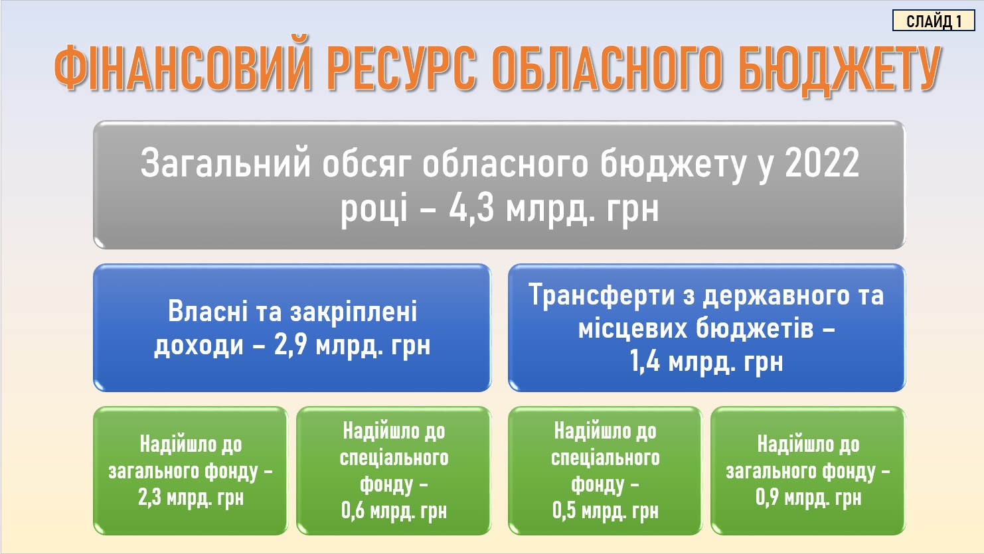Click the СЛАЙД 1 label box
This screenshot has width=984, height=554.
click(934, 21)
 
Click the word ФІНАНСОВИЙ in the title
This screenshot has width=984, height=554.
click(183, 68)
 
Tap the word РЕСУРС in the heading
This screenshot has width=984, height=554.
click(402, 68)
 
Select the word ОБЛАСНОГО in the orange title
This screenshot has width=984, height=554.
click(607, 68)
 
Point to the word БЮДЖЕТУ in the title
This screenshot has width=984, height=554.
click(840, 71)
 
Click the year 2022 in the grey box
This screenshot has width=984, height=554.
click(822, 163)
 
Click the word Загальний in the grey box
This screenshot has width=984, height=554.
click(225, 163)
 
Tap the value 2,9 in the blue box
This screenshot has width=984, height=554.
click(290, 345)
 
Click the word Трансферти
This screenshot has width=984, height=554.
click(602, 295)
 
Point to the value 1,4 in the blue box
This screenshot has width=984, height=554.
click(645, 362)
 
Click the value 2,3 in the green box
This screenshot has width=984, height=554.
click(149, 498)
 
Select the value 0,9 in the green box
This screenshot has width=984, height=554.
click(767, 498)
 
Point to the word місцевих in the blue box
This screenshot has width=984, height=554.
click(633, 329)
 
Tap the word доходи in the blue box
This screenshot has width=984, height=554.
click(199, 346)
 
